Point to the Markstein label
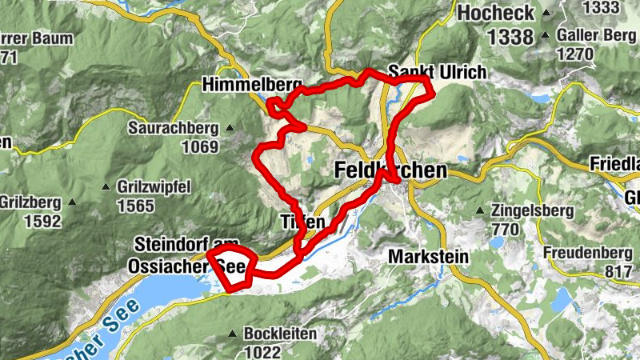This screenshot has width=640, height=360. tap(427, 257)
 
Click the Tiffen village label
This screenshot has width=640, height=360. tap(302, 222)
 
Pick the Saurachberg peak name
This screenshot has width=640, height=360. tap(173, 128)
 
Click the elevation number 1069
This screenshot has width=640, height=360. tap(199, 146)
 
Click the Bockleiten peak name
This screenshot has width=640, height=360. tap(280, 334)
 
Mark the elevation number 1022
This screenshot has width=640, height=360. tap(263, 351)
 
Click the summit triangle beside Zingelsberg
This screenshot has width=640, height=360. tap(480, 211)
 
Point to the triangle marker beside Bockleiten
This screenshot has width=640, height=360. tap(233, 334)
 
